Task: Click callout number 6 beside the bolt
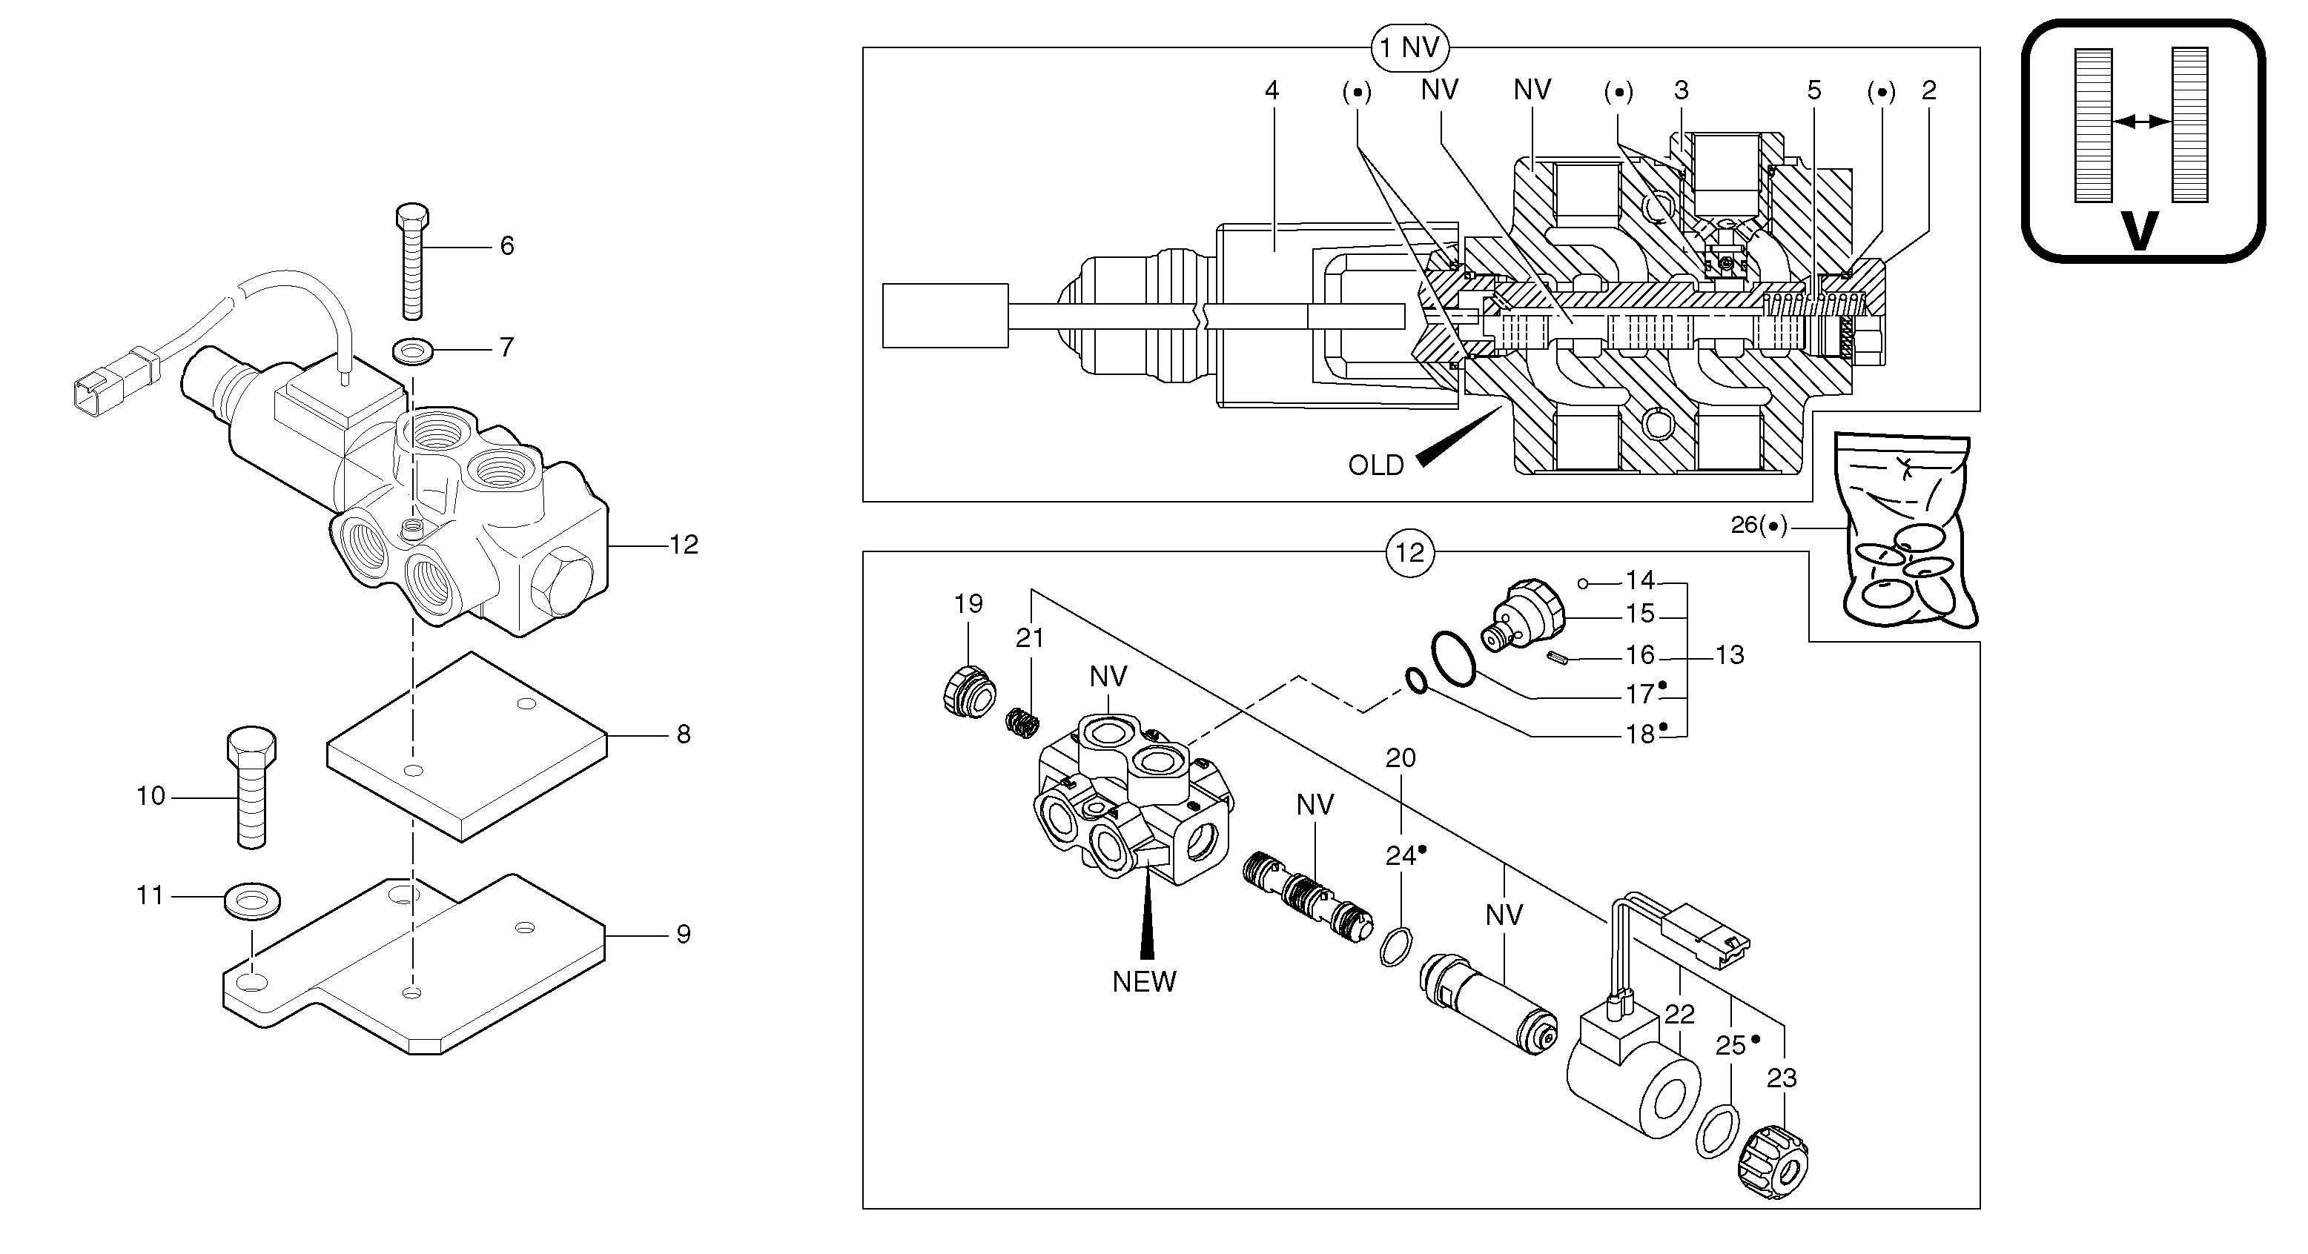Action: coord(506,245)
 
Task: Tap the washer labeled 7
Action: coord(412,351)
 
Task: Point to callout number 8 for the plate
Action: coord(683,734)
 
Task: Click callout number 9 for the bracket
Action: coord(683,935)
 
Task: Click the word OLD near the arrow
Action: coord(1375,465)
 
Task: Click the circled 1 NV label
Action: coord(1409,47)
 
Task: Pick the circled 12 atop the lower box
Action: coord(1409,553)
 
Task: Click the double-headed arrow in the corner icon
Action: coord(2140,121)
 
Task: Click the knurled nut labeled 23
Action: coord(1772,1163)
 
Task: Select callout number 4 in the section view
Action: coord(1272,90)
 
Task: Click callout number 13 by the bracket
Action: coord(1729,654)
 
